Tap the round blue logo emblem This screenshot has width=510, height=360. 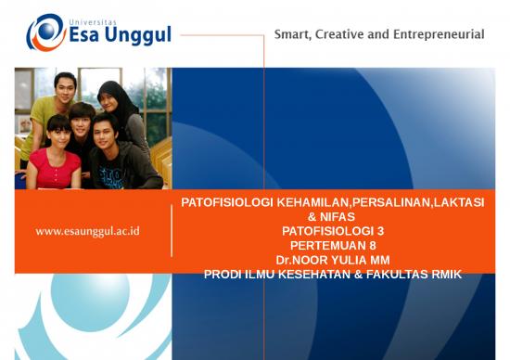click(x=44, y=32)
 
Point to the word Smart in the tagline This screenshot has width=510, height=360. click(x=294, y=35)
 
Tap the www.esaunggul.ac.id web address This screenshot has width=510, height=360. click(x=87, y=231)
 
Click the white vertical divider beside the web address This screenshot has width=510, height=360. click(x=172, y=231)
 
